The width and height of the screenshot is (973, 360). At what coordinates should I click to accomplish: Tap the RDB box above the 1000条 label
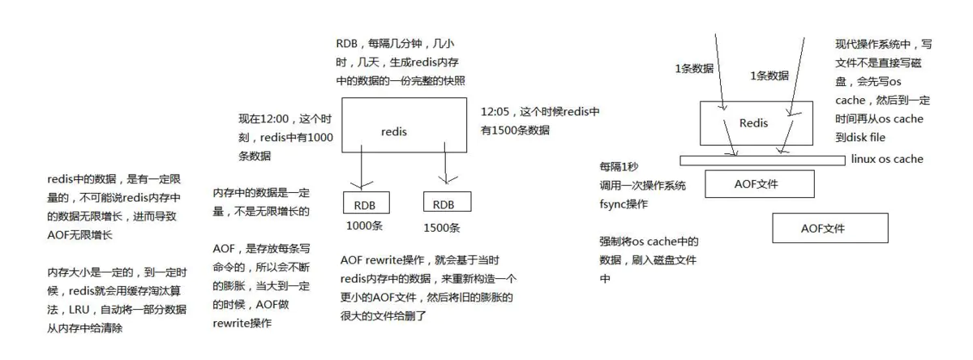[x=367, y=204]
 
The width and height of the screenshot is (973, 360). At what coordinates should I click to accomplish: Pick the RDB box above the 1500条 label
[x=444, y=204]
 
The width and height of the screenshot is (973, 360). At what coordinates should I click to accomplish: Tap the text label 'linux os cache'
[x=887, y=159]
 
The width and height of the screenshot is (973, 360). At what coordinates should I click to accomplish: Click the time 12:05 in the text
[x=495, y=111]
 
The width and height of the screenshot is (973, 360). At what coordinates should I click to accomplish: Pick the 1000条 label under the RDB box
[x=364, y=226]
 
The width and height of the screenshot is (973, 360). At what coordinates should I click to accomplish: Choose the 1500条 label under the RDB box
[x=442, y=228]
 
